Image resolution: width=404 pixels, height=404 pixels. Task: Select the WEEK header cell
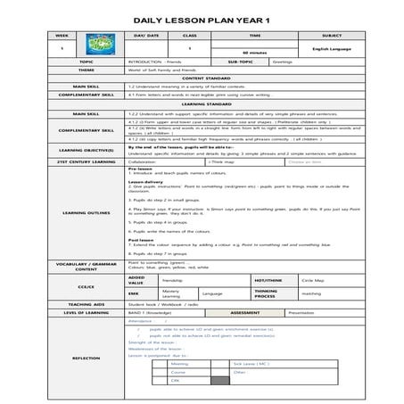pos(62,35)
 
